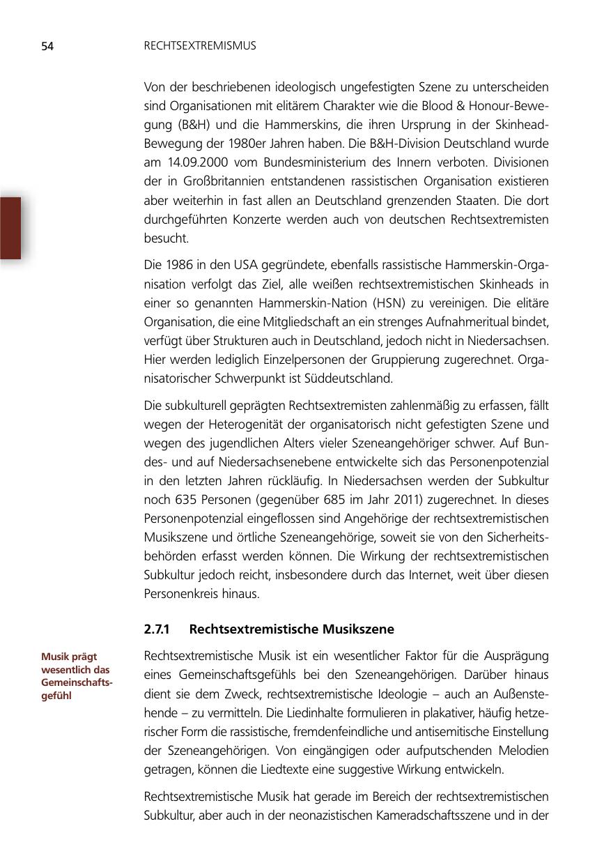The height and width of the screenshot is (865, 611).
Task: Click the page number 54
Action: pyautogui.click(x=47, y=47)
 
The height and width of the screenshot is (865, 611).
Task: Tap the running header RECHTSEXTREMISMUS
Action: pyautogui.click(x=200, y=46)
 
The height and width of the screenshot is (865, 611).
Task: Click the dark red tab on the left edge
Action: pyautogui.click(x=10, y=228)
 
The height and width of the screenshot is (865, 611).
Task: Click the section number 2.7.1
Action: pyautogui.click(x=157, y=629)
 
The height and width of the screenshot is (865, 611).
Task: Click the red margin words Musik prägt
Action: pyautogui.click(x=69, y=657)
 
